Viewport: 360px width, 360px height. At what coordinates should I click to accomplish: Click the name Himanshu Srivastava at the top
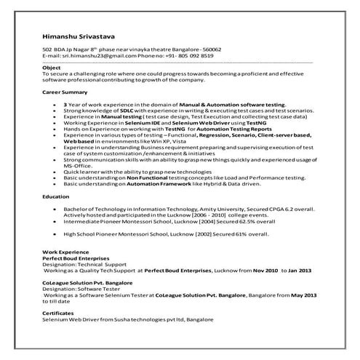pyautogui.click(x=79, y=36)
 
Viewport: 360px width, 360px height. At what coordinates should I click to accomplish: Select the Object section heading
pyautogui.click(x=52, y=68)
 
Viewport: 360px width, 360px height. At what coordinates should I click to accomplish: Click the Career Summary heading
pyautogui.click(x=65, y=94)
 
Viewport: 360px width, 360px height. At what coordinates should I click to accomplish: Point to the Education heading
pyautogui.click(x=55, y=197)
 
